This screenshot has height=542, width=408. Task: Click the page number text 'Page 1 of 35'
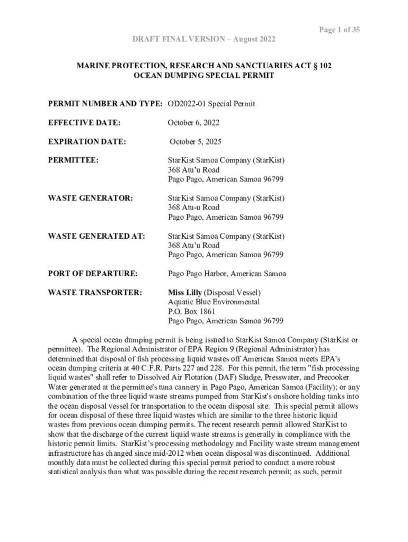(x=339, y=30)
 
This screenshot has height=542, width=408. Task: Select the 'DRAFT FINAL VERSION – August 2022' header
(x=203, y=40)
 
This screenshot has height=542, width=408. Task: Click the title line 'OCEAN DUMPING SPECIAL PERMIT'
(x=204, y=76)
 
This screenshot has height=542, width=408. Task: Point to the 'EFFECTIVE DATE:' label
(x=84, y=123)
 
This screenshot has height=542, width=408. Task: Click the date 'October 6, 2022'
(x=193, y=123)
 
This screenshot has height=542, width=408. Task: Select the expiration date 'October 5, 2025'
(x=196, y=142)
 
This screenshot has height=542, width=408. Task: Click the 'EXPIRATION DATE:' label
(x=87, y=142)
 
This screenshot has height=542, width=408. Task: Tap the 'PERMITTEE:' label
(x=73, y=160)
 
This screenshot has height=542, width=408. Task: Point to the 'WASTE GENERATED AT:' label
(x=96, y=236)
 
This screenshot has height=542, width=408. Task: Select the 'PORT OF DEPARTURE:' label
(x=93, y=274)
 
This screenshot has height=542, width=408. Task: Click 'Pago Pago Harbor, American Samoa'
(x=227, y=274)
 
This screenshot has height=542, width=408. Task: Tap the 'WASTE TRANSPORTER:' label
(x=95, y=292)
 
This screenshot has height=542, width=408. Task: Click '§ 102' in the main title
(x=321, y=66)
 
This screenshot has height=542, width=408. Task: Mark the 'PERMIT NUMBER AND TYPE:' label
(x=105, y=104)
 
